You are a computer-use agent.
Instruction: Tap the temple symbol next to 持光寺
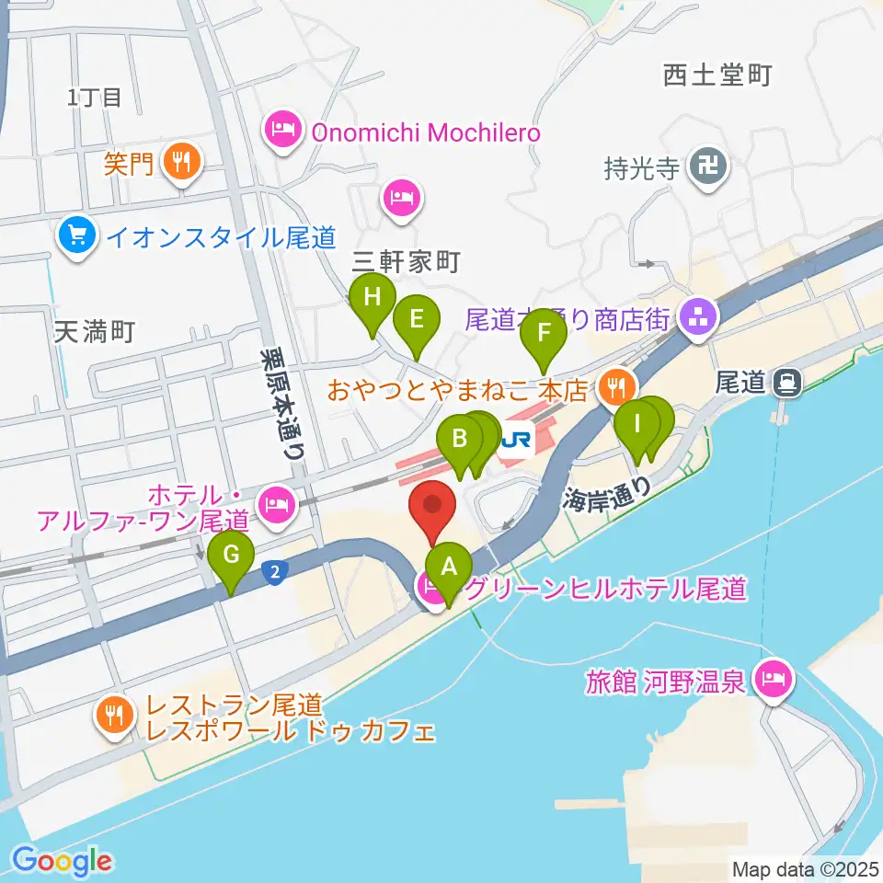point(711,167)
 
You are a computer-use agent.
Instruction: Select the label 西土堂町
point(717,75)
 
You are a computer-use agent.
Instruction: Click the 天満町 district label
point(95,331)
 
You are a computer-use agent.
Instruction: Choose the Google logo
point(63,861)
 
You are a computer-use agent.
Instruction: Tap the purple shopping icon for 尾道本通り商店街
point(696,320)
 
